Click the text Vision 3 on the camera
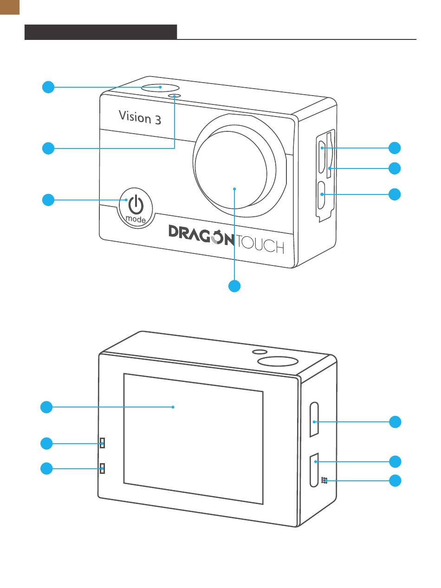point(140,117)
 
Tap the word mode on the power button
point(136,219)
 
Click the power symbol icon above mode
point(136,204)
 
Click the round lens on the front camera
point(231,170)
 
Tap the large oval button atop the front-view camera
point(161,88)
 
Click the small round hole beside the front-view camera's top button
point(175,96)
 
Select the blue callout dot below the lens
point(234,286)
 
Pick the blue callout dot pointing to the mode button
point(48,200)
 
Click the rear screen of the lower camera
point(193,439)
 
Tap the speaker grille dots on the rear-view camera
point(324,480)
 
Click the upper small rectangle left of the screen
point(102,443)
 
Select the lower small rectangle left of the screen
point(102,468)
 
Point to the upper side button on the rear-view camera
point(314,420)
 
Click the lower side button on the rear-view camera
point(314,470)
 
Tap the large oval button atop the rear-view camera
point(278,361)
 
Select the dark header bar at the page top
point(101,32)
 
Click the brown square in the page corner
point(10,7)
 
